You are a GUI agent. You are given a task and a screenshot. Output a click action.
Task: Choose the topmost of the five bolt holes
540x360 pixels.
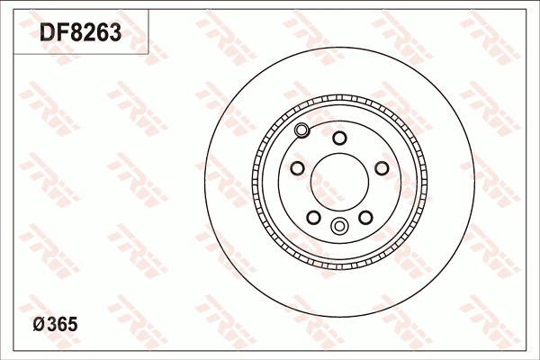pos(339,138)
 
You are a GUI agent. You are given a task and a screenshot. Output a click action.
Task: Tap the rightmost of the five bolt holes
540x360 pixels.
pos(382,168)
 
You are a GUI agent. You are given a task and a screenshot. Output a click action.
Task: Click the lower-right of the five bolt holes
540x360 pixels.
pos(365,217)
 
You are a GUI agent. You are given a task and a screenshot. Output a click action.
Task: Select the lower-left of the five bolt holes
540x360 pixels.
pos(313,217)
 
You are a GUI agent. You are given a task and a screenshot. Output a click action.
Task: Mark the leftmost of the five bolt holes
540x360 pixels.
pos(297,168)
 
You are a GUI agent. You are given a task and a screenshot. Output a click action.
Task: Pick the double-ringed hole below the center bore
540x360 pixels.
pos(339,226)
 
